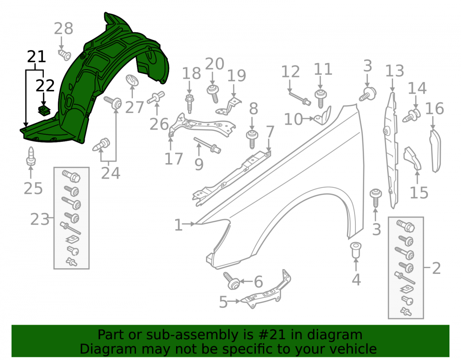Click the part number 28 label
64,29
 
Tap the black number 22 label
45,86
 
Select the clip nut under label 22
44,111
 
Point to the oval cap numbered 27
132,80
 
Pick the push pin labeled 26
156,98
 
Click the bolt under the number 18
189,103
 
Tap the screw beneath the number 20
213,94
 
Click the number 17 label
174,159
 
